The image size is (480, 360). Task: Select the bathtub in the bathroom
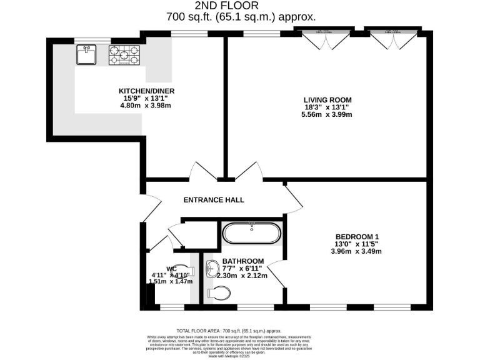tap(252, 234)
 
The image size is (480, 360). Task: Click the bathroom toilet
tap(217, 293)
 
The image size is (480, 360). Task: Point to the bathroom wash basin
tap(211, 269)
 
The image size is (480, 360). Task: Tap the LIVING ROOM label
tap(327, 99)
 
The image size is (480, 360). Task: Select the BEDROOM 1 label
tap(356, 236)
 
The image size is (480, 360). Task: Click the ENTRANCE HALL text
tap(213, 200)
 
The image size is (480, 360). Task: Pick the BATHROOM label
tap(243, 261)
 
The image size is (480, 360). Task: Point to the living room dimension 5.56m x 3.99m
tap(327, 114)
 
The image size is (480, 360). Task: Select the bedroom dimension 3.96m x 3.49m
tap(356, 251)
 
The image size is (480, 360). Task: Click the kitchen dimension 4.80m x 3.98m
tap(145, 106)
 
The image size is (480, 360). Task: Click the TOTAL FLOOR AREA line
tap(229, 330)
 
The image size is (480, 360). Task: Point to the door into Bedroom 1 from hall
tap(292, 197)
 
